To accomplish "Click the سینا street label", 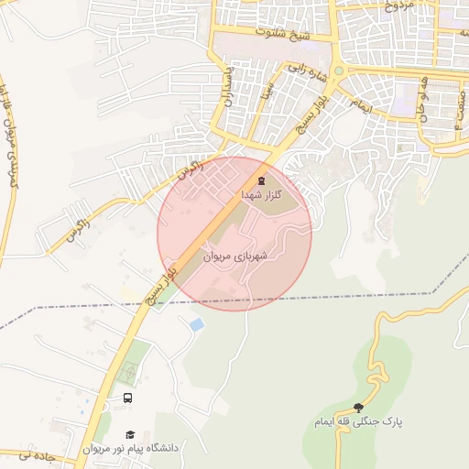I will [267, 89].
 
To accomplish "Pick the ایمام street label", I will [363, 106].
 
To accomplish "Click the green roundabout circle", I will [338, 71].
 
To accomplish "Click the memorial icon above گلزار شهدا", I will [263, 180].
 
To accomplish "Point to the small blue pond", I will [195, 324].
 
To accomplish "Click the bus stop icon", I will [127, 398].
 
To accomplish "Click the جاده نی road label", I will [17, 455].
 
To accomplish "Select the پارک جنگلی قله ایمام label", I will [356, 422].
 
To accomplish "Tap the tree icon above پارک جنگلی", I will [357, 408].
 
